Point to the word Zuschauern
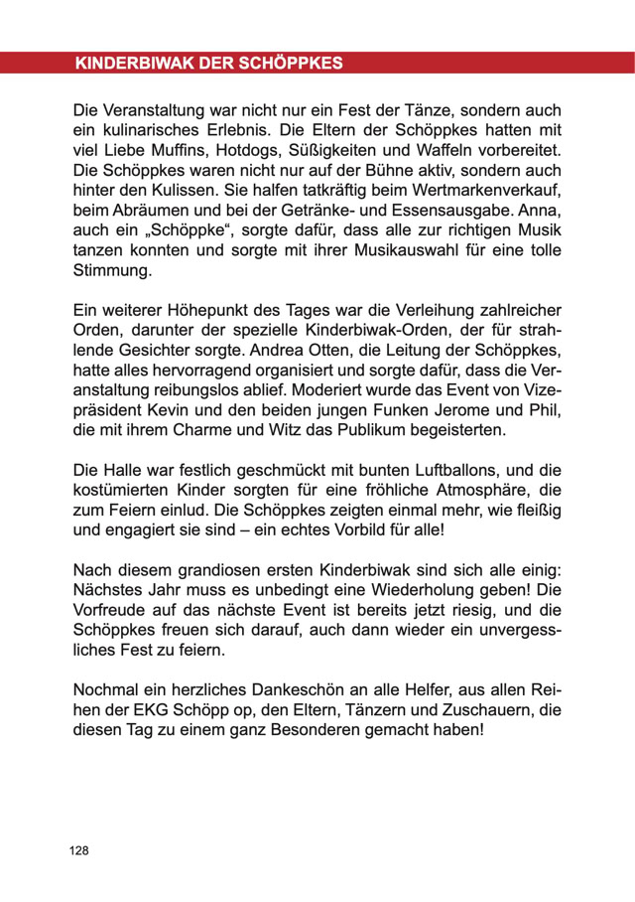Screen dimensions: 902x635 (480, 712)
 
